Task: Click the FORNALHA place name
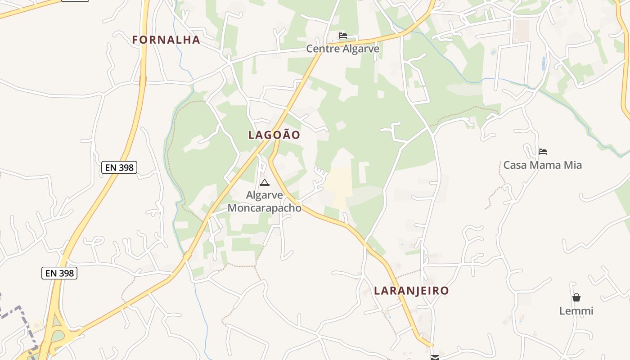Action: (x=166, y=40)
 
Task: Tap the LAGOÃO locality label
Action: (x=274, y=135)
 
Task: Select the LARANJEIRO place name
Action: (x=411, y=291)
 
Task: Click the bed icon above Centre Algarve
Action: (x=343, y=36)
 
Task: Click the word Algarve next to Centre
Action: (x=362, y=49)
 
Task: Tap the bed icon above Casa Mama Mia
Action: (x=543, y=152)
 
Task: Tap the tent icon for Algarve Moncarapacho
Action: (x=264, y=182)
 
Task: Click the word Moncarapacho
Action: (x=265, y=208)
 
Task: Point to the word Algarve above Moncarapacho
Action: (x=265, y=195)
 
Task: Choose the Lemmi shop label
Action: (x=576, y=311)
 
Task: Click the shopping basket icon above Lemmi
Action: (x=576, y=297)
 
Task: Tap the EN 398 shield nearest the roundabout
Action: (x=59, y=273)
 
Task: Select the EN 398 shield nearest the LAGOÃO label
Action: (x=119, y=167)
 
